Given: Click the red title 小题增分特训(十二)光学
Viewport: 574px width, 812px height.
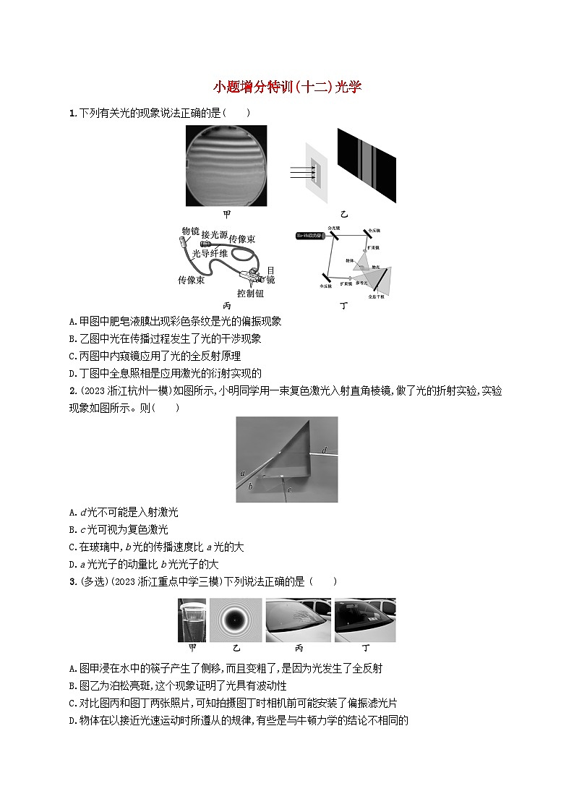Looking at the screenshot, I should [287, 87].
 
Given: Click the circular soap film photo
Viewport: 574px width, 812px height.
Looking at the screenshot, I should [226, 166].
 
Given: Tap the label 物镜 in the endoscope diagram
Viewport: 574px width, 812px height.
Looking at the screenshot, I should [190, 231].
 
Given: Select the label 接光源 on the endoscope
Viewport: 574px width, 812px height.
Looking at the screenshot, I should [215, 234].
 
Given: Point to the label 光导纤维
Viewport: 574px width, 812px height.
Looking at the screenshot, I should [210, 253].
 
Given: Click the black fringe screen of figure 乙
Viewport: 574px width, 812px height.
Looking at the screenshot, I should [367, 166].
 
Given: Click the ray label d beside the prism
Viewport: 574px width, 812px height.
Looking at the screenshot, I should [325, 450].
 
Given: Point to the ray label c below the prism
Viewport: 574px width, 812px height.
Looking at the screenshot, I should [289, 490].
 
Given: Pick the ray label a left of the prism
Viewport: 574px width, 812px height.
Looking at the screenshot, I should [243, 474].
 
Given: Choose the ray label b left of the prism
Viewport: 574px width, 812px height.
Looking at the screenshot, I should [250, 487].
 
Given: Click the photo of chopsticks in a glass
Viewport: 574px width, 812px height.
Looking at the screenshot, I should [192, 620].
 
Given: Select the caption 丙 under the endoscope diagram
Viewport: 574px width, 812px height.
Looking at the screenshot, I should [226, 306].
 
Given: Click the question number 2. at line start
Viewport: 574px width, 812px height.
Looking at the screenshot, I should [72, 390].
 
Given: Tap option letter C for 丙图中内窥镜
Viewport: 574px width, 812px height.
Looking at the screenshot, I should [72, 356].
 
